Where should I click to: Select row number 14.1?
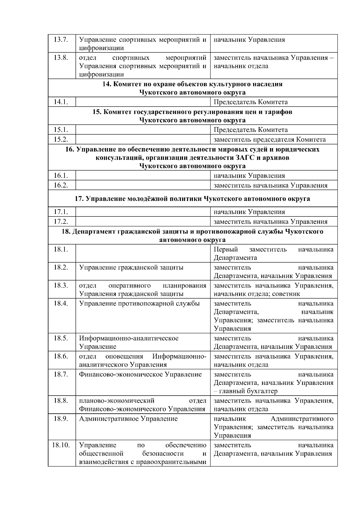(61, 102)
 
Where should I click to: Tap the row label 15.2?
(61, 139)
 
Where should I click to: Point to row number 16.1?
(61, 176)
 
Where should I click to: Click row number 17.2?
(61, 222)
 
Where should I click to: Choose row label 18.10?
(61, 445)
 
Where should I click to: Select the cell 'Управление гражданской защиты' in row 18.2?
(131, 267)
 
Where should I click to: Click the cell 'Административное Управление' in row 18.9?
(128, 419)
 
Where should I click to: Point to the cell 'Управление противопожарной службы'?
(139, 303)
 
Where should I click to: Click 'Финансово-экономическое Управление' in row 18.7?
(140, 374)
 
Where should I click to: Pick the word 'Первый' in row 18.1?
(226, 249)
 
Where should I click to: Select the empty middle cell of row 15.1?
(143, 130)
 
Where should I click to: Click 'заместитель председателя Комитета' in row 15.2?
(269, 139)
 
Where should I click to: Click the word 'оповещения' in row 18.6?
(124, 356)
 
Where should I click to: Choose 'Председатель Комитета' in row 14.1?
(250, 102)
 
